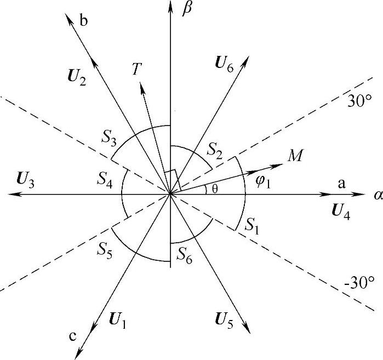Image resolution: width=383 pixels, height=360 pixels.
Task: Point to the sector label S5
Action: (x=106, y=249)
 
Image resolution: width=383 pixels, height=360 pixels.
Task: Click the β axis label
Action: (x=187, y=10)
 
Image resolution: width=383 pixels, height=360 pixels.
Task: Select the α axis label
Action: (x=377, y=196)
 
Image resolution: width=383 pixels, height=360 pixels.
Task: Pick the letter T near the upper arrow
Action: (x=137, y=68)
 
